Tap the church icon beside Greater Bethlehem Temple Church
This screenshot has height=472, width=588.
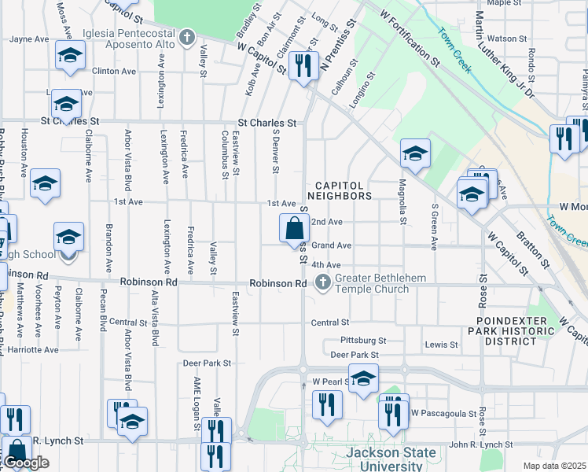322,282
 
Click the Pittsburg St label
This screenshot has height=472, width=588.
363,341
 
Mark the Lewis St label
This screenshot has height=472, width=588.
441,345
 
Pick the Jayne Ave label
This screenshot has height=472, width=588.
30,39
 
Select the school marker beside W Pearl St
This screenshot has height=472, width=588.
363,378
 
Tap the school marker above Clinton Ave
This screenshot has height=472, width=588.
70,55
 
